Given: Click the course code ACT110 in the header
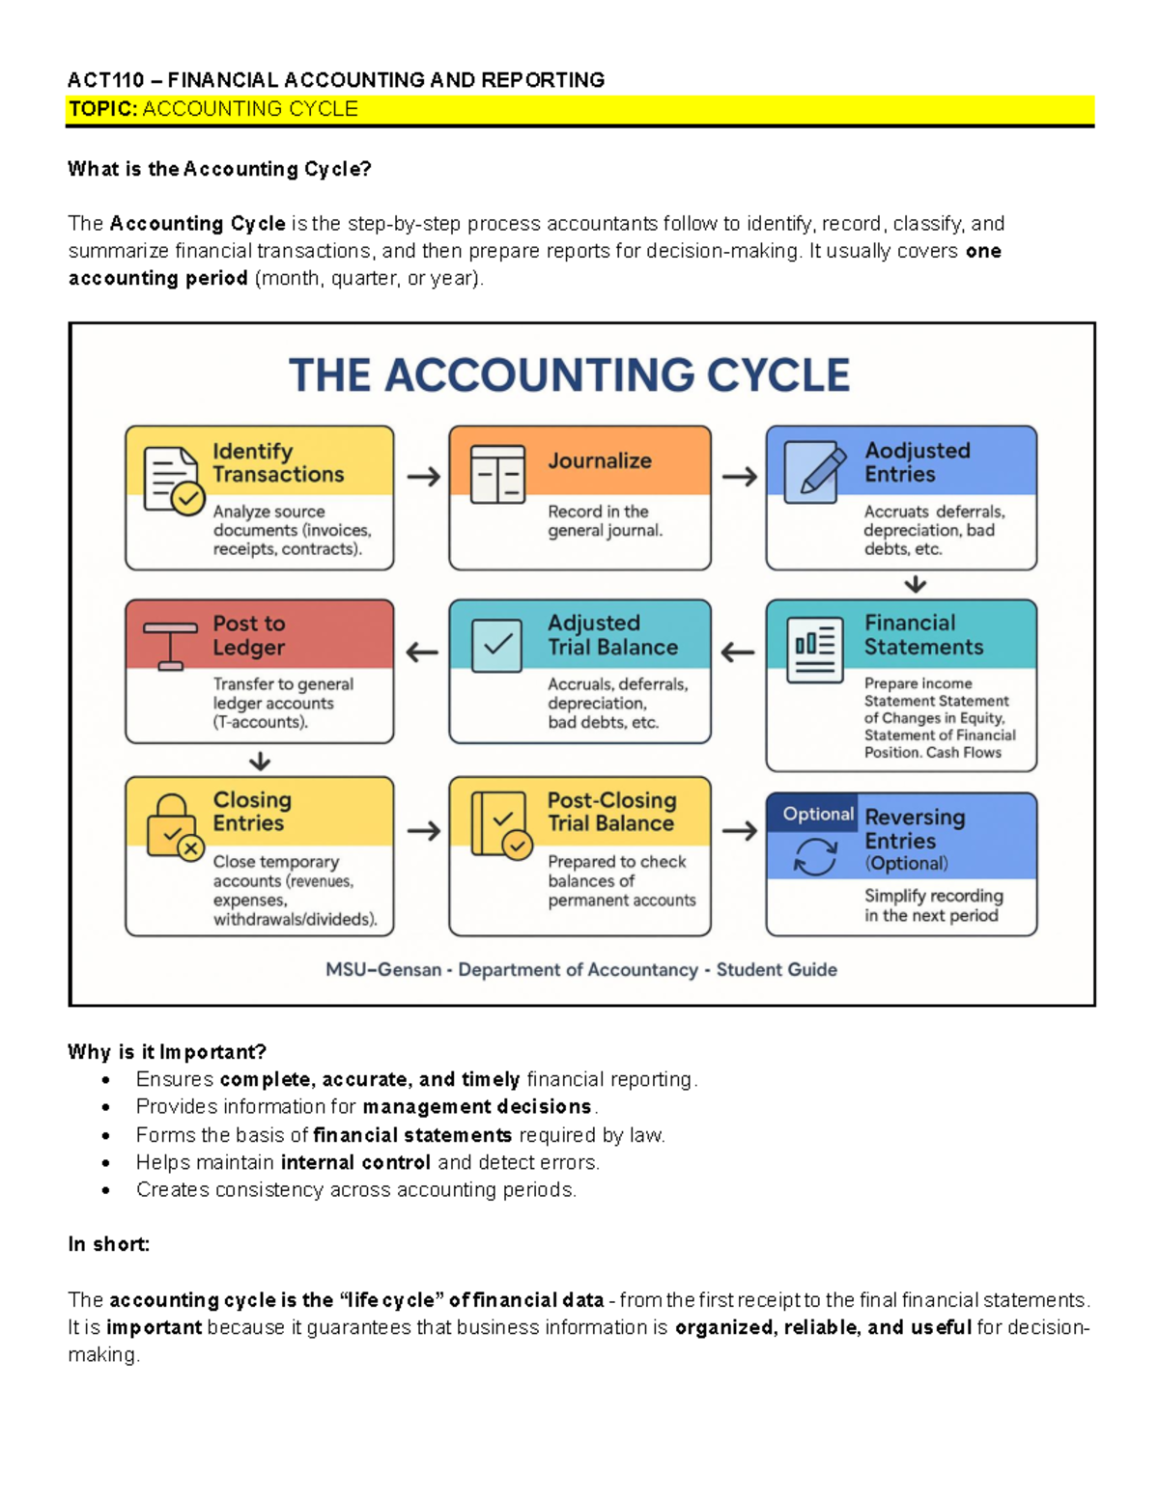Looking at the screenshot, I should [105, 80].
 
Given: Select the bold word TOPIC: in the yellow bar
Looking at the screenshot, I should [103, 109].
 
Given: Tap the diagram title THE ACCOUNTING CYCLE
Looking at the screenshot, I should [569, 375].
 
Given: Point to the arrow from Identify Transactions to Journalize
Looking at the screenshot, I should [423, 477].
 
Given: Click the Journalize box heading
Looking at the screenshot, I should [600, 461].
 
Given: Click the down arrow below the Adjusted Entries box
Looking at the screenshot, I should [915, 585].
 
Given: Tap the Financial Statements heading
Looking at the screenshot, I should [923, 635].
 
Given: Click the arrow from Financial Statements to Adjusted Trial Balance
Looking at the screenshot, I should [738, 652].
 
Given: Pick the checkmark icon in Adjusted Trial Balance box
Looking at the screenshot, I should [497, 644].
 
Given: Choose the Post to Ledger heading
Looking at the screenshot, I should [249, 635].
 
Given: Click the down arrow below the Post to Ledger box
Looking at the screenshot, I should [259, 762].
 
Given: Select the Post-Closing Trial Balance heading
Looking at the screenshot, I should [611, 812].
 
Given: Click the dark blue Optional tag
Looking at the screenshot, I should [817, 814].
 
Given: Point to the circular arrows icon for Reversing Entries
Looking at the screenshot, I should [814, 856].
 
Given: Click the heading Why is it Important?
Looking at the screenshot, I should [166, 1052].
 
